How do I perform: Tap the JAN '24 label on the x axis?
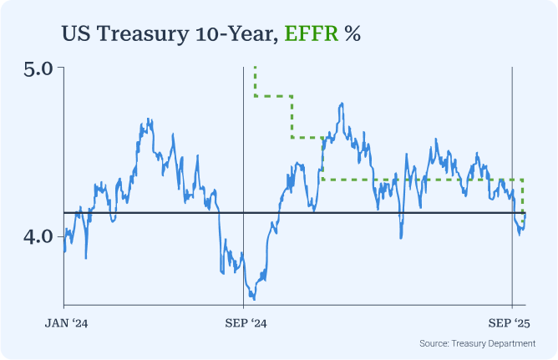coord(65,322)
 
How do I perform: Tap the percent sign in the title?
coord(353,33)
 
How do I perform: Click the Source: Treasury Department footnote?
coord(477,343)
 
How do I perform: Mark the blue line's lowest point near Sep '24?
coord(253,298)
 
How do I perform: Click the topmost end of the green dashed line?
coord(255,67)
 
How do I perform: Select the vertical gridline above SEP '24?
coord(242,167)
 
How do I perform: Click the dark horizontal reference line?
coord(167,213)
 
